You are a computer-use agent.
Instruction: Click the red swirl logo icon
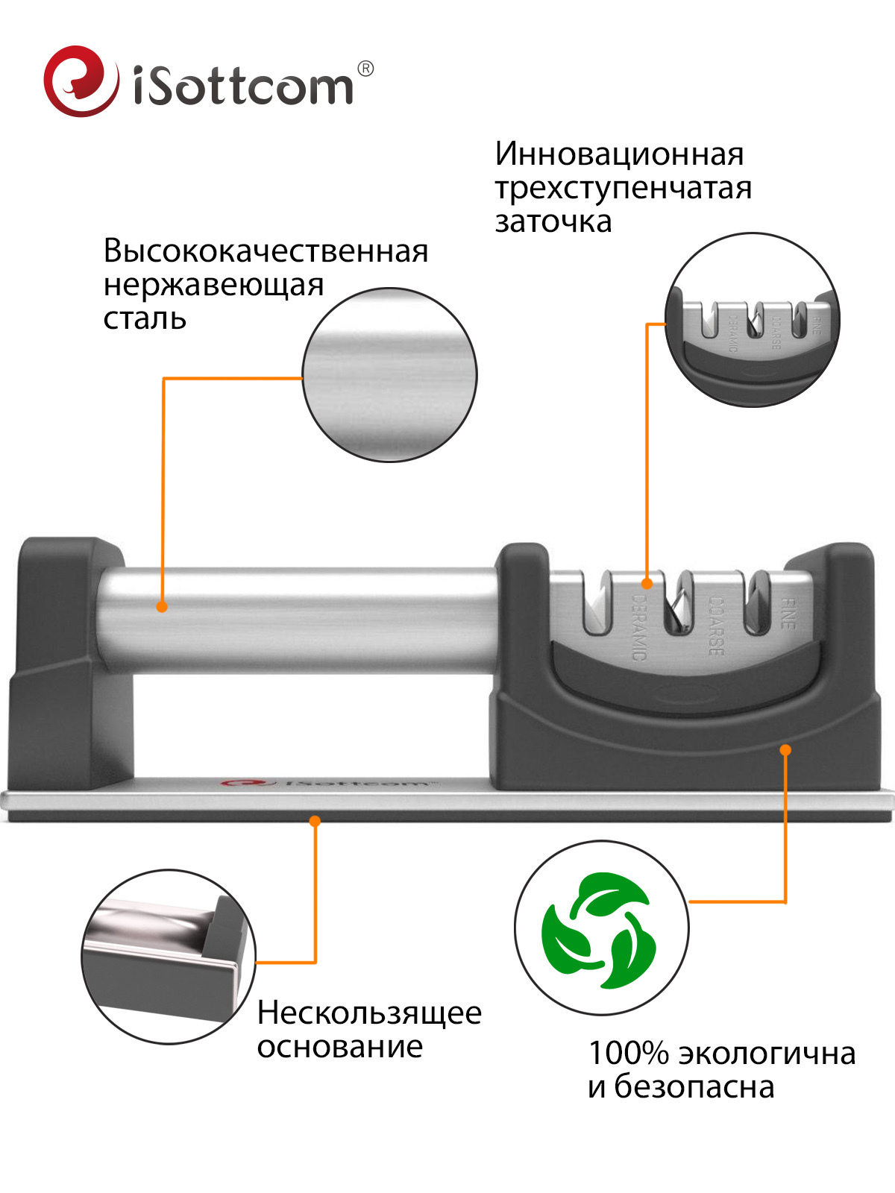tap(81, 81)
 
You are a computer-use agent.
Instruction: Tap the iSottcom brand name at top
tap(243, 86)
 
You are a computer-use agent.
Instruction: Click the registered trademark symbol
tap(365, 69)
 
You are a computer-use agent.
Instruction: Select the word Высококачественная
tap(266, 251)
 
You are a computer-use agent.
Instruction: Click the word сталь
tap(145, 318)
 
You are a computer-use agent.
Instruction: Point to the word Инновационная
tap(619, 154)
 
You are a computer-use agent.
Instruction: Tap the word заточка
tap(553, 221)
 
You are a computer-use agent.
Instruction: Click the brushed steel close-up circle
tap(389, 374)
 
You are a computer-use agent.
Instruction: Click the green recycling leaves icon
tap(600, 929)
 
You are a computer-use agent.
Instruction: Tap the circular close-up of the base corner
tap(169, 956)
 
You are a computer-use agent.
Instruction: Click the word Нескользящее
tap(369, 1013)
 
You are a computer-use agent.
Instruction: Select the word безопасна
tap(694, 1087)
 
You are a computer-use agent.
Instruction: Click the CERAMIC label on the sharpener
tap(639, 626)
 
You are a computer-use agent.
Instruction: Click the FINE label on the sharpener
tap(788, 613)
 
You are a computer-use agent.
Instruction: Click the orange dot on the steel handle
tap(162, 606)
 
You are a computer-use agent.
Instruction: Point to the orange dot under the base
tap(315, 821)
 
